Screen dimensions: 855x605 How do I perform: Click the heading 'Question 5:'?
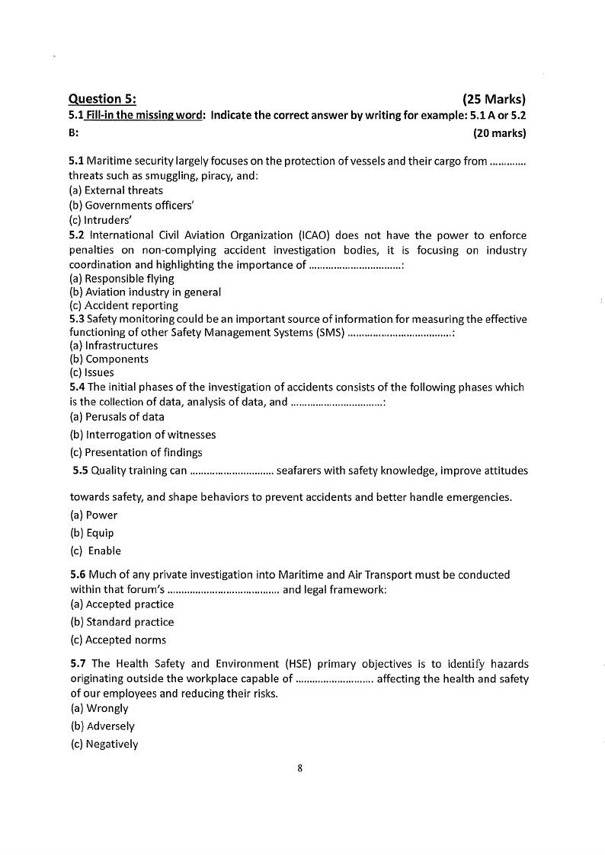click(x=102, y=99)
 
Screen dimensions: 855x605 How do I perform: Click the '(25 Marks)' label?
click(x=495, y=99)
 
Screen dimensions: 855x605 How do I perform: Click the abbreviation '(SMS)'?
click(x=328, y=333)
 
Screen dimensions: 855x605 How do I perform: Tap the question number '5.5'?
click(x=81, y=471)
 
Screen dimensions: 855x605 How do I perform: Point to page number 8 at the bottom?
click(x=300, y=768)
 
